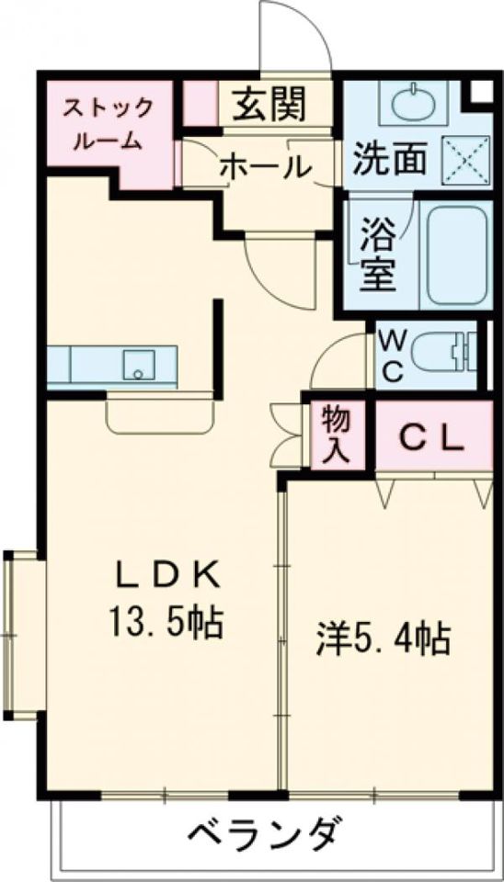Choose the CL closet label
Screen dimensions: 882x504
pyautogui.click(x=430, y=439)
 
